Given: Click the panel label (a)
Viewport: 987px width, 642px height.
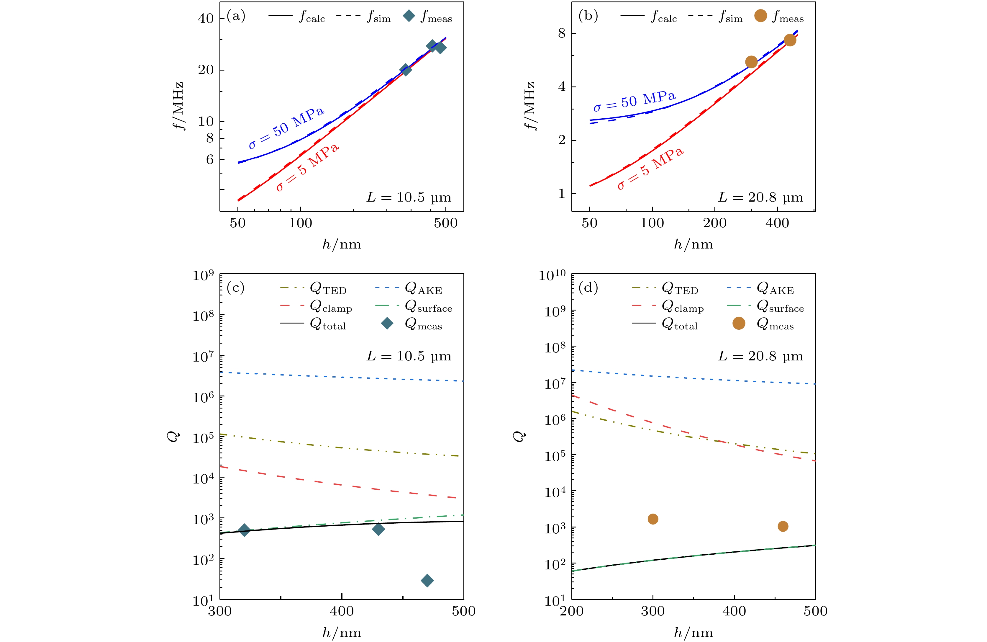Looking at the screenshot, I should [x=236, y=16].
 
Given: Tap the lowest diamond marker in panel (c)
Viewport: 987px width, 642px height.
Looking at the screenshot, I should [x=427, y=580].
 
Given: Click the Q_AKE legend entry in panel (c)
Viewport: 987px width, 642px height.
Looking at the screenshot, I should [x=423, y=288].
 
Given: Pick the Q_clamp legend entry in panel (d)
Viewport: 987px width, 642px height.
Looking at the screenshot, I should [x=682, y=306].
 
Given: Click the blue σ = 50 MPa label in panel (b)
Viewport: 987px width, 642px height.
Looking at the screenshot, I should [x=634, y=101].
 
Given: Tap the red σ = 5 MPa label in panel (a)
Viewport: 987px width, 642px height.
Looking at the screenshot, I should [x=307, y=167].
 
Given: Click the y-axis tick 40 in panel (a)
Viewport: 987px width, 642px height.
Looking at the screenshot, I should [x=206, y=18].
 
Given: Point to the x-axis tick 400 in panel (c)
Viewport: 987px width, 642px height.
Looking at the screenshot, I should [x=342, y=611].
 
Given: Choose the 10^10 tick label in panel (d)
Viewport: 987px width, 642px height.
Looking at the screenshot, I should [x=552, y=275].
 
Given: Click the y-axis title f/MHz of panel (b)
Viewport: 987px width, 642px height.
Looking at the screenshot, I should [x=530, y=106].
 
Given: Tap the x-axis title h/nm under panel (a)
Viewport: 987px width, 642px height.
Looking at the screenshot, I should [x=342, y=244].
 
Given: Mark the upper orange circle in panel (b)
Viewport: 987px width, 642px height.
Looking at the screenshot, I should [x=790, y=40].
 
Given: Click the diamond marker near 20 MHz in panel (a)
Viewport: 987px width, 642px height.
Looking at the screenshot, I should [x=406, y=70].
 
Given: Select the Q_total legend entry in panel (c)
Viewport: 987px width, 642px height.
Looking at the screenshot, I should [x=328, y=324].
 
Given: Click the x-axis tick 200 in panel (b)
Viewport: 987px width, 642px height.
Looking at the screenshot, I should [x=714, y=223].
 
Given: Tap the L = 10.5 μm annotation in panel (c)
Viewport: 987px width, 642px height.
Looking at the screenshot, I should [x=409, y=356].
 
